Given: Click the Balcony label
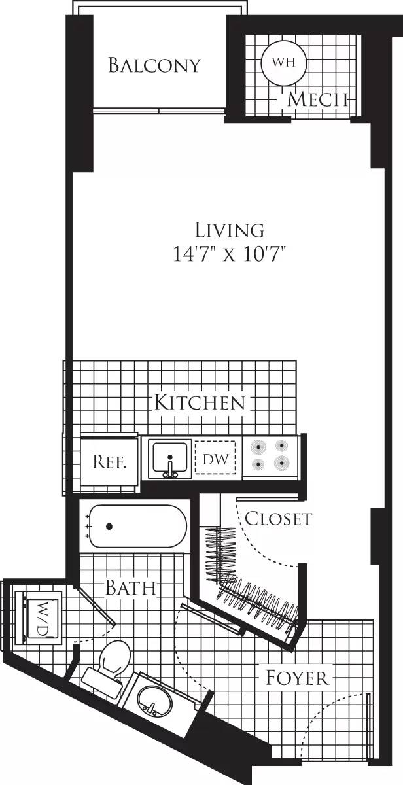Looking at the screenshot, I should coord(154,65).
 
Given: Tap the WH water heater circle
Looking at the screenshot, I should coord(279,63).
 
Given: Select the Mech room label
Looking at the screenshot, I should coord(317,99).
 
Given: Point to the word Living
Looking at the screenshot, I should coord(230,230).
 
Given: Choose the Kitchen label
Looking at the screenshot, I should coord(200,402).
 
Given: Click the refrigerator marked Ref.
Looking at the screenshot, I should coord(109,462).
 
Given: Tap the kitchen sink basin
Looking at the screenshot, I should coord(170,458).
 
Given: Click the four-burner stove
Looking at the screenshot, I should coord(270,455).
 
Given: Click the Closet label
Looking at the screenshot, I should coord(278,519).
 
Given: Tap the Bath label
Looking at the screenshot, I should coord(131,587).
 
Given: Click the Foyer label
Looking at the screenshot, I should coord(296,677).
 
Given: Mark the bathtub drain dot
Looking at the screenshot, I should coord(109,526).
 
